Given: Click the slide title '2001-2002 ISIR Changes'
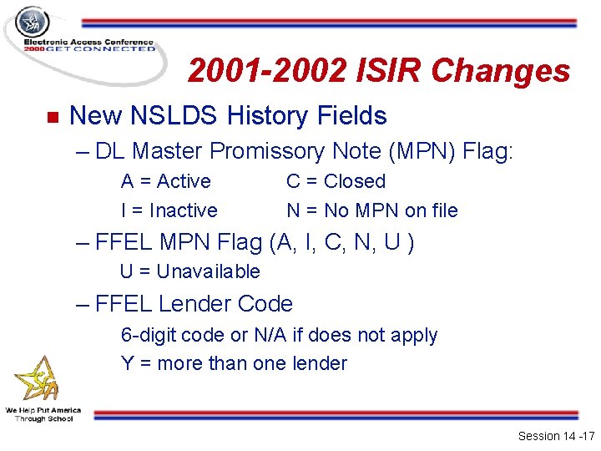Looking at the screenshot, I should (378, 72).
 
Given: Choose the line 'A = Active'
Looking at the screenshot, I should (165, 181).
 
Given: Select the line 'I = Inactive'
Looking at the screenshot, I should (169, 210).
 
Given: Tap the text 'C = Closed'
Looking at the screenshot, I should (336, 181).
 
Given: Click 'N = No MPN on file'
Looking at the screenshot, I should (371, 210).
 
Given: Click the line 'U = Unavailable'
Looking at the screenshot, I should (189, 271).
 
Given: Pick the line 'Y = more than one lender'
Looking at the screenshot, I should (234, 363).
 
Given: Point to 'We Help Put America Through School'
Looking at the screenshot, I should (43, 413).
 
